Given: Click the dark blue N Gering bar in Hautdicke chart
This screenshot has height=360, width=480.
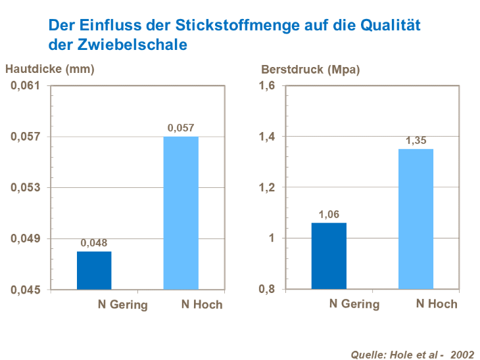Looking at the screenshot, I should point(94,270).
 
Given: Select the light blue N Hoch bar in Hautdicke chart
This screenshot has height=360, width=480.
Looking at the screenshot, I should point(181,213).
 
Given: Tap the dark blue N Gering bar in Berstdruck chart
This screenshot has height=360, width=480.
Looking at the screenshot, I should point(329,256).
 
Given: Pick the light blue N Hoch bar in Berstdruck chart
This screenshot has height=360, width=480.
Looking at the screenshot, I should point(416,219).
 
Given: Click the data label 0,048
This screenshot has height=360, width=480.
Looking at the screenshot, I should point(94,243).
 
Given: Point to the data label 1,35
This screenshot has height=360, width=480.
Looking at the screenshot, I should point(416,141).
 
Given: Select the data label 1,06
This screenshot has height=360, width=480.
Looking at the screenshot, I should point(329,214).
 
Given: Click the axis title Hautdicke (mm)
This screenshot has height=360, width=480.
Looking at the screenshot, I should point(50,68).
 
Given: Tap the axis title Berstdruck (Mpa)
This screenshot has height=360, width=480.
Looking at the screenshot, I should point(310,68).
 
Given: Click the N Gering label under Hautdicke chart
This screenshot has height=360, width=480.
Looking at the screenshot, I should point(122,304).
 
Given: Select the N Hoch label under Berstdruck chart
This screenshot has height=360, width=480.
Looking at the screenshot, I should point(437,304).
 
